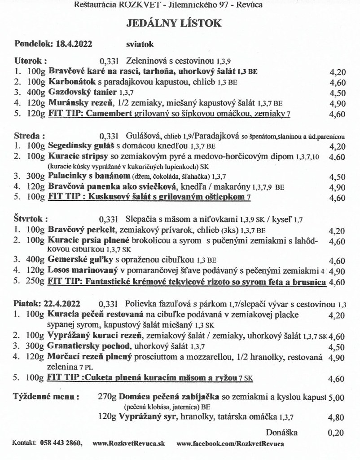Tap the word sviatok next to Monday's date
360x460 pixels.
point(140,44)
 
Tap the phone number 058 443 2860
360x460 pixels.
point(61,444)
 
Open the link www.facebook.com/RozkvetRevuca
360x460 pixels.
point(231,444)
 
